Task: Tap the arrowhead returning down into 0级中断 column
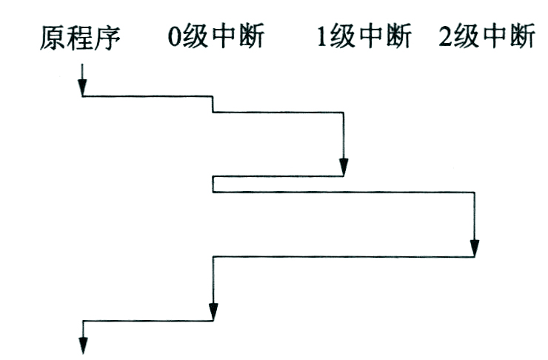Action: pos(213,313)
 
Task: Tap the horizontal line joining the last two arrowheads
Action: pos(148,321)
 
